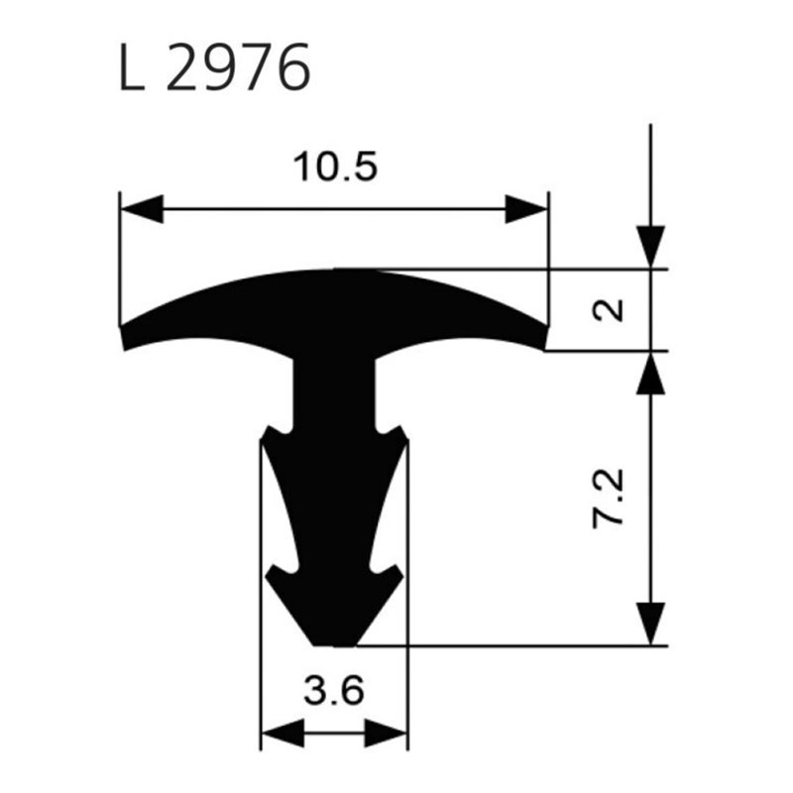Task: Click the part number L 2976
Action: [214, 66]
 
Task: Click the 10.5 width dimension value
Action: [335, 167]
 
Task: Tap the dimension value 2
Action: [609, 310]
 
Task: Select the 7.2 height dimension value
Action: [609, 499]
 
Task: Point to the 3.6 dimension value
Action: [334, 691]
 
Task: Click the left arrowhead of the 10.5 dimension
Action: [142, 208]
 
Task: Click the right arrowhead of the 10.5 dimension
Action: [526, 208]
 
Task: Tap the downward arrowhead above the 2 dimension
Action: [650, 247]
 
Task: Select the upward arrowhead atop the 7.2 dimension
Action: [650, 373]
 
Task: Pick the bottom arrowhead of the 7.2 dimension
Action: [650, 623]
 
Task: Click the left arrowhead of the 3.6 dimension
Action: [283, 733]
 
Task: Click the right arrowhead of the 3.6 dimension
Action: [386, 733]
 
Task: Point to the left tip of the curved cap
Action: [121, 338]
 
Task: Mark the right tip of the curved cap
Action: [547, 338]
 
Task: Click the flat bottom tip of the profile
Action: [335, 645]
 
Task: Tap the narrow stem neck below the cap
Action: [334, 394]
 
